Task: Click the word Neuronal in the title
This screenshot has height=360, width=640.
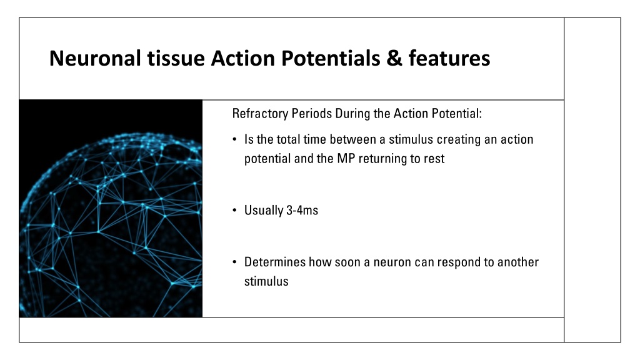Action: (x=96, y=58)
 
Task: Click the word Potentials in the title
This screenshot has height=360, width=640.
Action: (x=331, y=58)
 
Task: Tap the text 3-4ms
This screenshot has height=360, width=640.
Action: (x=302, y=210)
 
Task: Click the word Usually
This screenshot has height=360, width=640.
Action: (x=264, y=211)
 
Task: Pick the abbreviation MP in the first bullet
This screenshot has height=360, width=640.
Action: (x=346, y=158)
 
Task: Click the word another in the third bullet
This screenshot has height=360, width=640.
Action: (x=518, y=262)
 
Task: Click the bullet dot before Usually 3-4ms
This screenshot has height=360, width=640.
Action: (x=235, y=211)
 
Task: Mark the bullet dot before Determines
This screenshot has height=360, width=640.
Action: (x=235, y=262)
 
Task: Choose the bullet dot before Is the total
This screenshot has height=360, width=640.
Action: (x=235, y=139)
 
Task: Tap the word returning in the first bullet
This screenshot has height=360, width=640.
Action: (x=389, y=159)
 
